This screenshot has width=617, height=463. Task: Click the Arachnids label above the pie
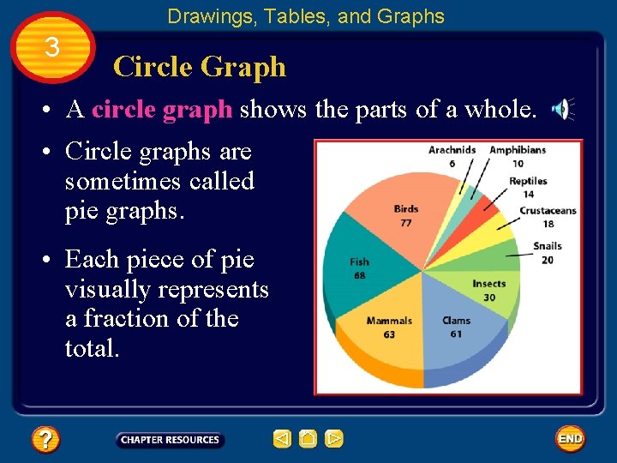pyautogui.click(x=452, y=151)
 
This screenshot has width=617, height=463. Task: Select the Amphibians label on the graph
pyautogui.click(x=517, y=151)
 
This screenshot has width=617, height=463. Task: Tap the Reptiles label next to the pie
pyautogui.click(x=528, y=182)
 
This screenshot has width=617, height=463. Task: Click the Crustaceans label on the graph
pyautogui.click(x=548, y=211)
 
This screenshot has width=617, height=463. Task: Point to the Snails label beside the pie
pyautogui.click(x=547, y=247)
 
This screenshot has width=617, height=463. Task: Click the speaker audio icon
pyautogui.click(x=561, y=109)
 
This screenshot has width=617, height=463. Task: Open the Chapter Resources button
pyautogui.click(x=170, y=440)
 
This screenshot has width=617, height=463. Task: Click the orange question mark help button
pyautogui.click(x=45, y=440)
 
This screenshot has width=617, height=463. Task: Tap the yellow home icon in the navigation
pyautogui.click(x=308, y=439)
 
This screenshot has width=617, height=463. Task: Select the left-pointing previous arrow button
pyautogui.click(x=282, y=439)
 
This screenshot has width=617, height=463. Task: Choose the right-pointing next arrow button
pyautogui.click(x=334, y=439)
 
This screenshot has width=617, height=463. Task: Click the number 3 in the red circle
pyautogui.click(x=52, y=47)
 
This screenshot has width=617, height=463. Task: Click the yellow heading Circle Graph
pyautogui.click(x=200, y=66)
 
